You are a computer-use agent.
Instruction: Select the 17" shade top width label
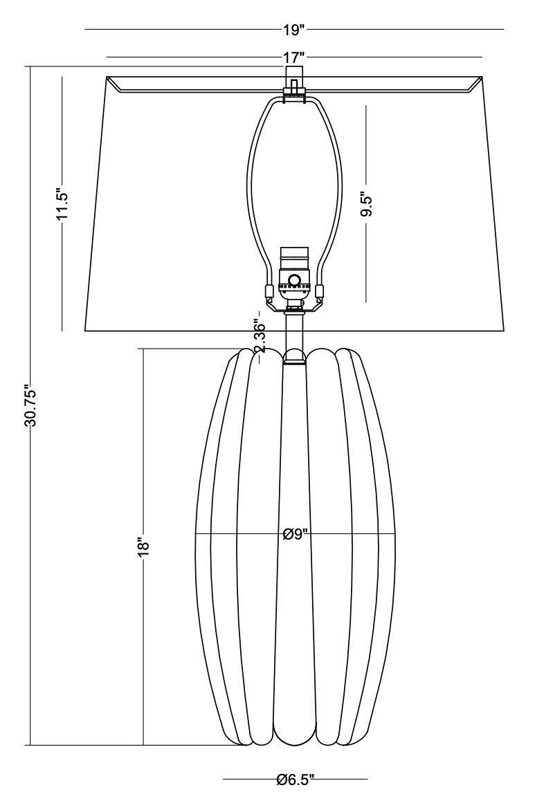[293, 57]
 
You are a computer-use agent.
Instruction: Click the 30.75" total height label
[30, 406]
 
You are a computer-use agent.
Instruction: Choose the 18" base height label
[143, 546]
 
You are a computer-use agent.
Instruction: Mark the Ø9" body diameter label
[295, 535]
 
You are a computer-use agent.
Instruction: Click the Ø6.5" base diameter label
[295, 781]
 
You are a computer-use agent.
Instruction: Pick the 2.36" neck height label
[260, 336]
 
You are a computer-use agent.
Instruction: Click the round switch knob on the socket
[294, 281]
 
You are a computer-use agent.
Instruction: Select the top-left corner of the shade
[107, 77]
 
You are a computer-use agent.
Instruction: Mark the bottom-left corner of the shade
[84, 330]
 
